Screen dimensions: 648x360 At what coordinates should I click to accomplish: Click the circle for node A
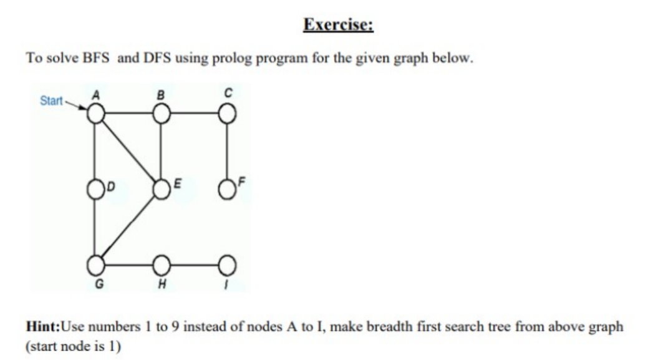coord(95,114)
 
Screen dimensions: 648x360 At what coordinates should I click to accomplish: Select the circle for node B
coord(161,114)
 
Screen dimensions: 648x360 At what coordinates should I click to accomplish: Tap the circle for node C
coord(227,114)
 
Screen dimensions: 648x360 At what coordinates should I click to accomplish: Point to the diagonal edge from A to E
coord(128,150)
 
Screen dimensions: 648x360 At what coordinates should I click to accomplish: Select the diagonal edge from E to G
coord(128,226)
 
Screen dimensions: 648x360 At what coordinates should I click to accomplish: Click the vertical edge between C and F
coord(227,150)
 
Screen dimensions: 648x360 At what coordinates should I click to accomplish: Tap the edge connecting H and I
coord(194,264)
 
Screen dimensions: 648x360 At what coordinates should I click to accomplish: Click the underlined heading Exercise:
coord(337,25)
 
